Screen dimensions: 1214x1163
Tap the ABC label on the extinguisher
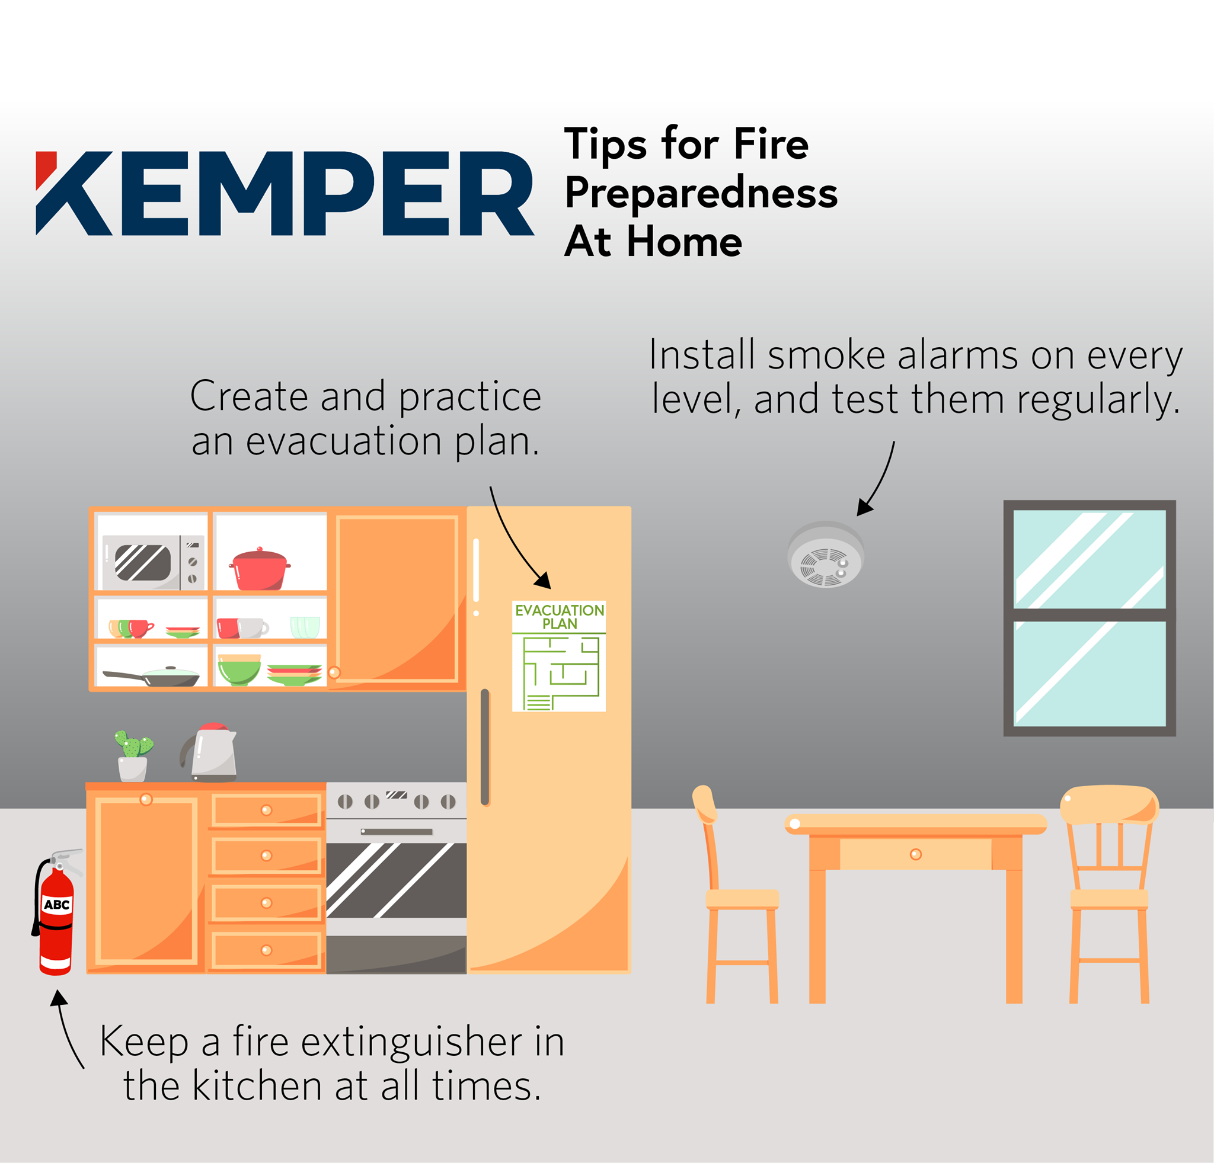[57, 905]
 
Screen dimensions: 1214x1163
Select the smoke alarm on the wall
[825, 555]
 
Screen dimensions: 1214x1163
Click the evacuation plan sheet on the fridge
[558, 656]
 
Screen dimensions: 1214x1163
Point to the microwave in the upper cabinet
[153, 562]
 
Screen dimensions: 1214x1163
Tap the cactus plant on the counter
[133, 756]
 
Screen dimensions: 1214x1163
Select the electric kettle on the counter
[210, 752]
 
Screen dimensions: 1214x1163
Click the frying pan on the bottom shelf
[152, 677]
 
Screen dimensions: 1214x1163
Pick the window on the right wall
[1090, 619]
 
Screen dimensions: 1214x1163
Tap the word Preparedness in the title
[701, 194]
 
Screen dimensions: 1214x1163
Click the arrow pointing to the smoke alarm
[878, 480]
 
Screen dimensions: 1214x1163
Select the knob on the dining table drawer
[916, 854]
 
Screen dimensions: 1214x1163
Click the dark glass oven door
[397, 880]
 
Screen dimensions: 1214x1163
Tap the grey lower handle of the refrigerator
[485, 747]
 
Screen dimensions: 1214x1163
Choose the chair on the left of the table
[736, 894]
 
